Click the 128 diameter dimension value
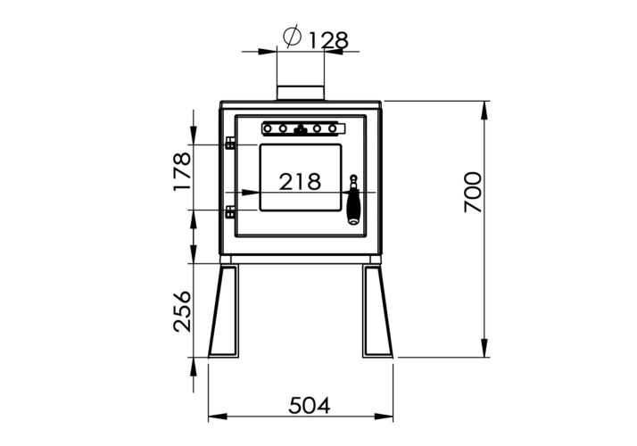(x=328, y=40)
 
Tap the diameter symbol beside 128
(x=293, y=37)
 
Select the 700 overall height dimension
(x=473, y=192)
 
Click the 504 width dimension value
(x=310, y=405)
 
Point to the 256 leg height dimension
(x=182, y=311)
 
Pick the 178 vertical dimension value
(x=182, y=171)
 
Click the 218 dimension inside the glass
(x=300, y=182)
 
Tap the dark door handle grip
(x=354, y=207)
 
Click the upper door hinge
(x=230, y=143)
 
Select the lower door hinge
(x=230, y=212)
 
